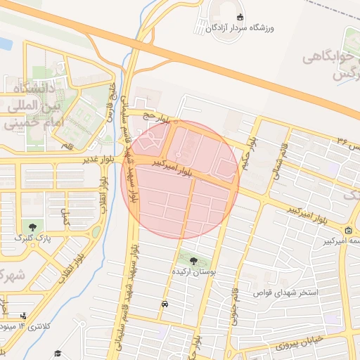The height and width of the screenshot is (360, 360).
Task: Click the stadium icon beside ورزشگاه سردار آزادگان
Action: [x=241, y=18]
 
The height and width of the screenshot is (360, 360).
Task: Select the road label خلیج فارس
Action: [x=110, y=103]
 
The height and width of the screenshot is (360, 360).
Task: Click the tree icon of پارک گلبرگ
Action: [x=33, y=226]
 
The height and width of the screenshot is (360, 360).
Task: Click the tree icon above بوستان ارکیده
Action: [x=193, y=260]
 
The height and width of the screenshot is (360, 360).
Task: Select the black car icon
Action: [x=164, y=304]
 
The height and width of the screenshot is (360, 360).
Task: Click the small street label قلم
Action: [x=68, y=146]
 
